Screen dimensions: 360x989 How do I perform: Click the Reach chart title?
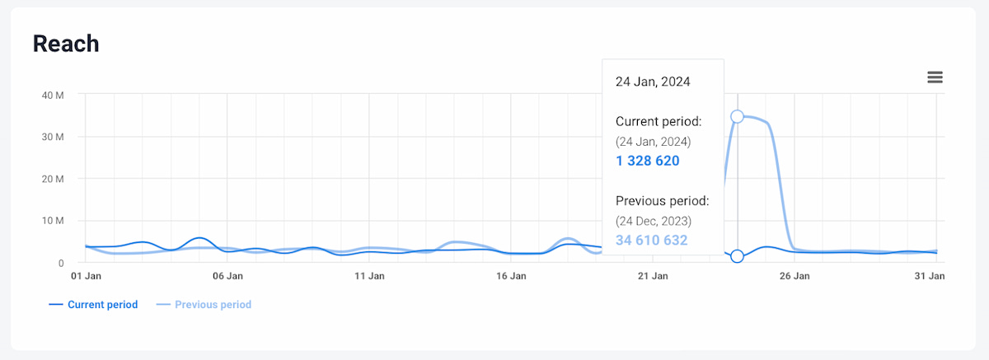(x=66, y=44)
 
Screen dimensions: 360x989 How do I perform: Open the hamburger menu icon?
(x=935, y=77)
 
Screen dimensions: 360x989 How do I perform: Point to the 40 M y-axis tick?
(x=53, y=95)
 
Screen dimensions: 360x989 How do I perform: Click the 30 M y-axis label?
(x=53, y=137)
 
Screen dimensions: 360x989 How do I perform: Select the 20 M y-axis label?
(x=53, y=179)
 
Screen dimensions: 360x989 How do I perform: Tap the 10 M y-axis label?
(x=53, y=221)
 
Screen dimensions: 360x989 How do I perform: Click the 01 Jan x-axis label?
(x=86, y=276)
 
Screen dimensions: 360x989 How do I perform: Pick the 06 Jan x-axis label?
(x=227, y=276)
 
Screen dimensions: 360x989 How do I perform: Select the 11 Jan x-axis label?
(x=369, y=276)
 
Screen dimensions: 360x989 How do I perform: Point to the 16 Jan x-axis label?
(x=511, y=276)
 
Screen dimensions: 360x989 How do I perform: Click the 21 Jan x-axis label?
(x=653, y=276)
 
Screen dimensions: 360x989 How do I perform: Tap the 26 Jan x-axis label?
(x=794, y=276)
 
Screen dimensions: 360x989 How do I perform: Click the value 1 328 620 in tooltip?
(x=648, y=161)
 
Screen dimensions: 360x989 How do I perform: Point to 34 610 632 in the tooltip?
(x=651, y=241)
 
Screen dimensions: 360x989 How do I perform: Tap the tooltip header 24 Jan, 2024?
(x=653, y=82)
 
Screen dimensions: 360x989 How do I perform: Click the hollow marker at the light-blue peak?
(x=738, y=117)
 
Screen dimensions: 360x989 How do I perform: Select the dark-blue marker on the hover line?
(x=738, y=256)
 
